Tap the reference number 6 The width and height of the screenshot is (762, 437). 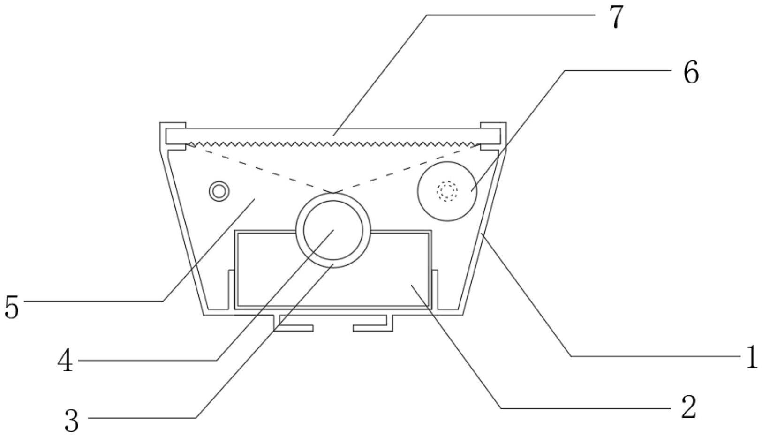click(691, 73)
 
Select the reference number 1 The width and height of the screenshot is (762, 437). click(751, 357)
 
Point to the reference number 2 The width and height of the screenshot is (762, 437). click(688, 407)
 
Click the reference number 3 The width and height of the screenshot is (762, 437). click(71, 421)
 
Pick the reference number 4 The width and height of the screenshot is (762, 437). click(65, 362)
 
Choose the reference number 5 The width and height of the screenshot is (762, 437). click(12, 307)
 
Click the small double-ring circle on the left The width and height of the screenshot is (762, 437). click(219, 191)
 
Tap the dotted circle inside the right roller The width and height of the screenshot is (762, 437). click(447, 191)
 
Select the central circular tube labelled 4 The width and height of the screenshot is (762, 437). click(333, 230)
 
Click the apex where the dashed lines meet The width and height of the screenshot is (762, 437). click(333, 192)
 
